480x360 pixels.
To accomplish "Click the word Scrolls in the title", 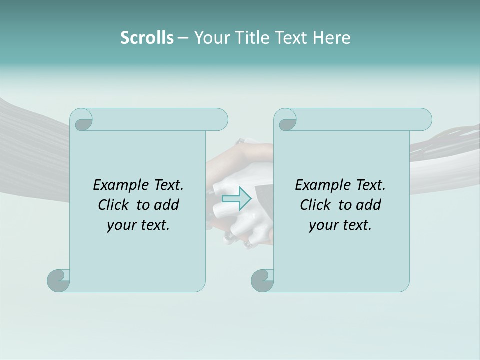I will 147,38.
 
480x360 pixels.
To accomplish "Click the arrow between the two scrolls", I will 237,198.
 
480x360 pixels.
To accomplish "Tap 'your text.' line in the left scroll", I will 138,225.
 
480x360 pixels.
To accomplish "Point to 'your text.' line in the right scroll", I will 340,225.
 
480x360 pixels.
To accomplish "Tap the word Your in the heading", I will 212,38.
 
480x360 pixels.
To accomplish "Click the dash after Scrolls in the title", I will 182,38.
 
